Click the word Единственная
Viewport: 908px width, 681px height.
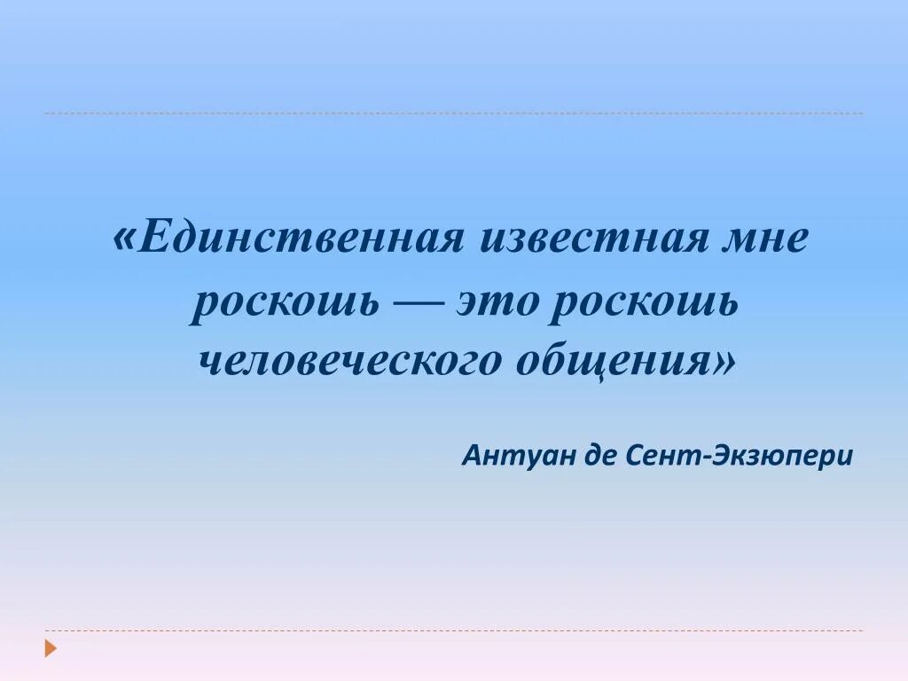pos(301,240)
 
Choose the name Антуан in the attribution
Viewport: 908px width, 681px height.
pos(519,456)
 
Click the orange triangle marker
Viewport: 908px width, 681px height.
pos(51,648)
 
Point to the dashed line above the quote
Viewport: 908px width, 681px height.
pos(453,113)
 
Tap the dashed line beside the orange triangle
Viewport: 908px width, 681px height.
pos(453,630)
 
